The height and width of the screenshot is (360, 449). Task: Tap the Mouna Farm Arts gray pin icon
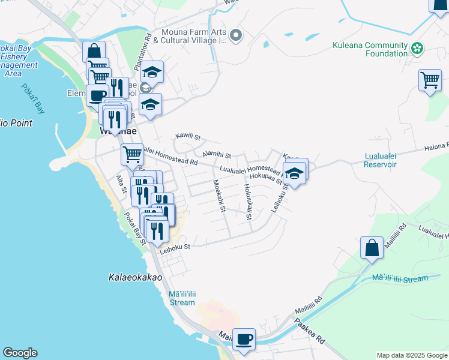[x=236, y=37]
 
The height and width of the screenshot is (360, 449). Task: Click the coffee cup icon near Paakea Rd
[x=244, y=339]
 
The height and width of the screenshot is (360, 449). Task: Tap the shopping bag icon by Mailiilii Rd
[x=372, y=247]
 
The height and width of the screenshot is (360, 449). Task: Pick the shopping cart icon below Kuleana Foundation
[x=430, y=80]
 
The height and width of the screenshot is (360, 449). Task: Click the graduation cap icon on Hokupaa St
[x=294, y=173]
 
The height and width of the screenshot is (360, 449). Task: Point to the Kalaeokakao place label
[x=135, y=277]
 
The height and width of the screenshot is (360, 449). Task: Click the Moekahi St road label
[x=219, y=197]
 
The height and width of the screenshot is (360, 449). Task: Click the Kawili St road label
[x=187, y=137]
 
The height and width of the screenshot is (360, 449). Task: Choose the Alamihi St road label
[x=216, y=155]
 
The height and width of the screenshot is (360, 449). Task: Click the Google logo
[x=20, y=353]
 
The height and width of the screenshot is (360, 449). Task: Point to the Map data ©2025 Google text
[x=411, y=355]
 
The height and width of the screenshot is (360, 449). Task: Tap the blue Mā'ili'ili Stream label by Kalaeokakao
[x=182, y=298]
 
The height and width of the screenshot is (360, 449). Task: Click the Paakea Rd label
[x=310, y=331]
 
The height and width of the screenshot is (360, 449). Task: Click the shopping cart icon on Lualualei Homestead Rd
[x=132, y=154]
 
